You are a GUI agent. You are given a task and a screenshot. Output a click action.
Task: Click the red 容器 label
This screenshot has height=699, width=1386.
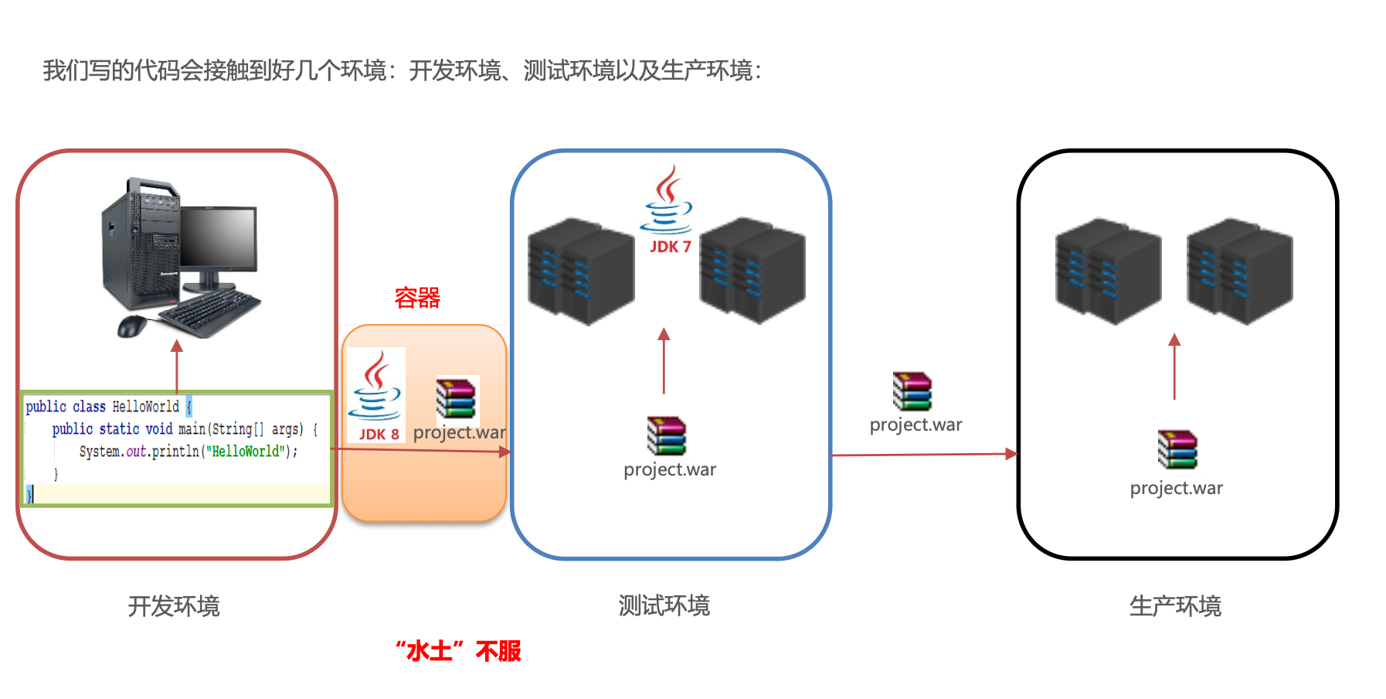click(x=417, y=298)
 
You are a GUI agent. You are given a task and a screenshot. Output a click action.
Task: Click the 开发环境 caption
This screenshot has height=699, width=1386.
click(x=174, y=605)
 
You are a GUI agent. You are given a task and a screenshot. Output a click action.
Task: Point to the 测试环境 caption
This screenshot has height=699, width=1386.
click(x=664, y=605)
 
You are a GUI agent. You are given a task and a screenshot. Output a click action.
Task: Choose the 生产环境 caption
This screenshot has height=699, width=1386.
click(x=1175, y=605)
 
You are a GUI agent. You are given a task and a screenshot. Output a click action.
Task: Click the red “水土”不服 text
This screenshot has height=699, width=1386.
click(x=458, y=651)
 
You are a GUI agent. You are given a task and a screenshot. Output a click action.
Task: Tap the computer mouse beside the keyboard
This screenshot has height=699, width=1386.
click(x=131, y=326)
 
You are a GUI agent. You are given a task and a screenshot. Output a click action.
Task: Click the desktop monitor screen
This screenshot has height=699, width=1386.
click(x=219, y=238)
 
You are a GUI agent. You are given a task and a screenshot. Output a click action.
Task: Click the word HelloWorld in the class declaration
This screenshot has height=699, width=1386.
click(x=145, y=407)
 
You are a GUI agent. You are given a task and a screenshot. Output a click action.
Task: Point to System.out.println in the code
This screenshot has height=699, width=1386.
click(x=139, y=452)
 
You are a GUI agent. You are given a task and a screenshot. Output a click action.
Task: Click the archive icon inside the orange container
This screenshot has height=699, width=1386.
click(x=456, y=397)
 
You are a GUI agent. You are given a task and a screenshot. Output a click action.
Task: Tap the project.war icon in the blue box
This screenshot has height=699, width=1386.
click(x=666, y=436)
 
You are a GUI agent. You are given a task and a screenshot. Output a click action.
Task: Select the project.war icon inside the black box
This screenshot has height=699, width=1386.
click(x=1177, y=450)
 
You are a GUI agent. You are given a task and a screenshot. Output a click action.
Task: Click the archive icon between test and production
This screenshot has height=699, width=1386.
click(x=912, y=391)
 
